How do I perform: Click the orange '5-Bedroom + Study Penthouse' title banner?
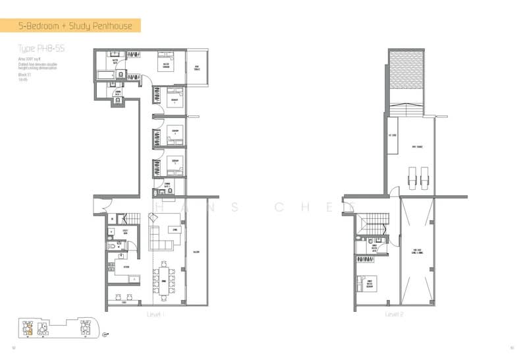click(x=75, y=26)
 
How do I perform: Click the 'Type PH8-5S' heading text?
click(x=41, y=49)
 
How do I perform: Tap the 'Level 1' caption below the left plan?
click(x=155, y=315)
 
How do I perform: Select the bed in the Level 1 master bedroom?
click(x=165, y=64)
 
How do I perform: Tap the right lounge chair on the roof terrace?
click(x=422, y=176)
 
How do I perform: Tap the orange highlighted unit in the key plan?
click(x=29, y=328)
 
